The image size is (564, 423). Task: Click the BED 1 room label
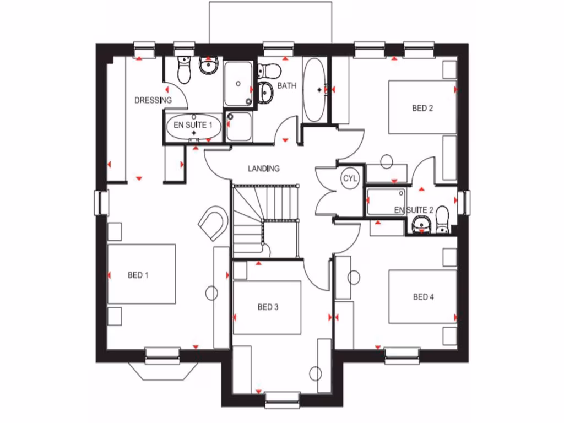click(x=138, y=275)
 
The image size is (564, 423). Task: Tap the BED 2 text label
click(x=422, y=108)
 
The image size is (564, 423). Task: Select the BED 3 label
click(x=268, y=307)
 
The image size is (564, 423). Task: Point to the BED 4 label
click(x=424, y=297)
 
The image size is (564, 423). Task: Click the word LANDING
click(x=264, y=169)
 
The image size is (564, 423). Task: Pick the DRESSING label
click(x=153, y=100)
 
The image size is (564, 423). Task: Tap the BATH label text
click(x=286, y=86)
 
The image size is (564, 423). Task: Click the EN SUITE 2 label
click(x=414, y=210)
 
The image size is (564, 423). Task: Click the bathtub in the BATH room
click(x=314, y=89)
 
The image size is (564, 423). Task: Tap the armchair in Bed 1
click(x=214, y=223)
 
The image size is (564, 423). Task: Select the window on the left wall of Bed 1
click(x=101, y=202)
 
